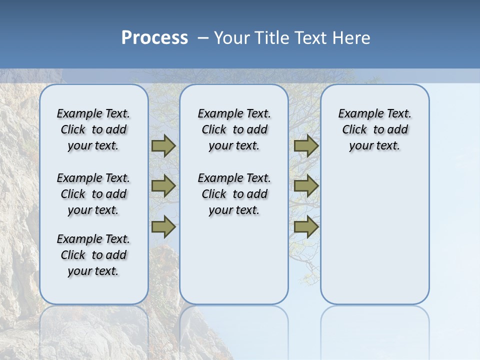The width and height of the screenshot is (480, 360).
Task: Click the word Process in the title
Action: tap(154, 38)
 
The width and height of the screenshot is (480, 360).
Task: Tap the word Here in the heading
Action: tap(351, 38)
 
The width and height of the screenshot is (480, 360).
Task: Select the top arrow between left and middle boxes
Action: tap(163, 146)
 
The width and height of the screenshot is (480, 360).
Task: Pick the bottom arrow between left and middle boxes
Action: tap(163, 227)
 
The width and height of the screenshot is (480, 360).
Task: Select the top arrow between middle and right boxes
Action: tap(306, 146)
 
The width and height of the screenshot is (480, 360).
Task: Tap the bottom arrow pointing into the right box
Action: tap(306, 227)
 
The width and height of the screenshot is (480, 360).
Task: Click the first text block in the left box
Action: tap(93, 129)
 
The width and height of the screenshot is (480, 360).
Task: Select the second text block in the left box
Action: tap(93, 194)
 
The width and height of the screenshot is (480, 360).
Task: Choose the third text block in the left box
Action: tap(93, 255)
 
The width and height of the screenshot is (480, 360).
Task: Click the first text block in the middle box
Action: tap(234, 129)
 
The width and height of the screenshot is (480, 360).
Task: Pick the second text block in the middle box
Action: tap(234, 194)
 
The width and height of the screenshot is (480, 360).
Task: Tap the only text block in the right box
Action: tap(375, 129)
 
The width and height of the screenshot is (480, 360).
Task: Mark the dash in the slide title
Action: tap(203, 38)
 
